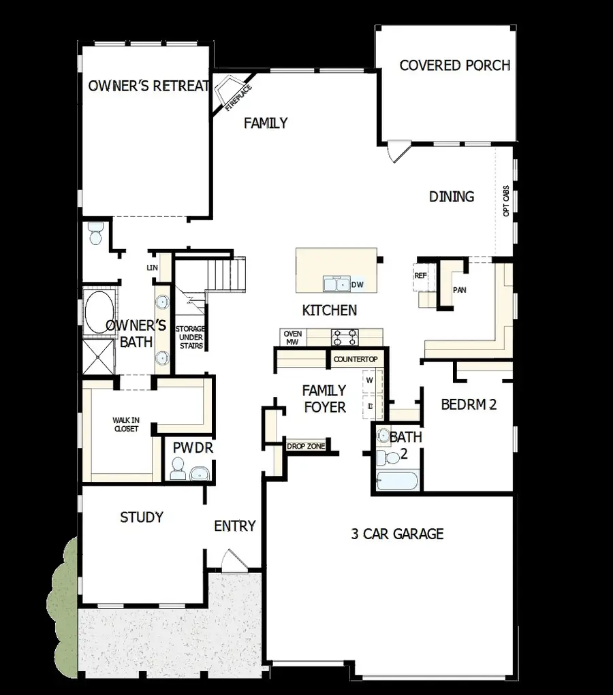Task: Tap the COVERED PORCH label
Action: tap(454, 65)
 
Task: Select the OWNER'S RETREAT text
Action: tap(147, 86)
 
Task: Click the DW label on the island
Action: tap(358, 285)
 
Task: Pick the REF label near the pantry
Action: tap(420, 276)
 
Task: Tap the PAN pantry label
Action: tap(460, 289)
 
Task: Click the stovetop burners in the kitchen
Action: tap(345, 336)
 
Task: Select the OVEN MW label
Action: tap(292, 338)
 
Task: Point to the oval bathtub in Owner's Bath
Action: tap(99, 312)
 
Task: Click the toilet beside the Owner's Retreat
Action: tap(95, 233)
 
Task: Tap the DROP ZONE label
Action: tap(305, 447)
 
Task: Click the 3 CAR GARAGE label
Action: tap(397, 534)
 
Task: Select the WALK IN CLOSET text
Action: tap(125, 425)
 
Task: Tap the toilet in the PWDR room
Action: tap(178, 469)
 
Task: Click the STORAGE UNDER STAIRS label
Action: tap(190, 337)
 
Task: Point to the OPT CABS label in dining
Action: tap(505, 202)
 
